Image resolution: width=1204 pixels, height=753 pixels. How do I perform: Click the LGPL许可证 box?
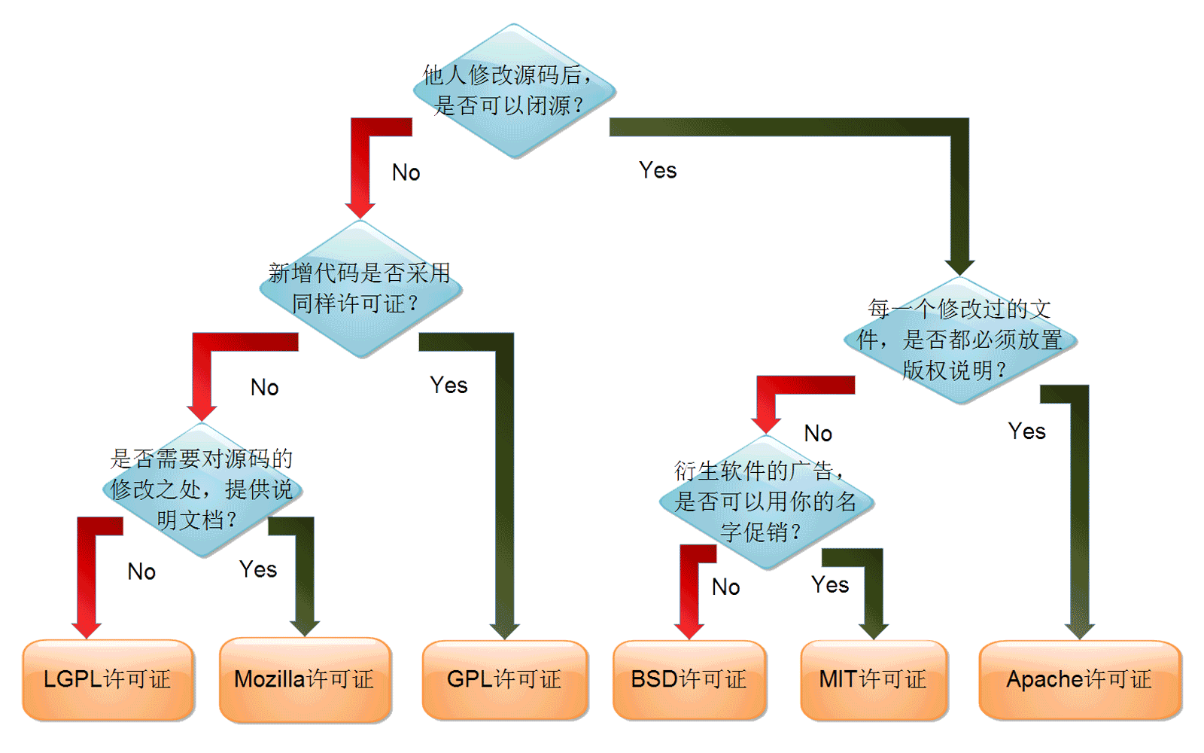tap(108, 679)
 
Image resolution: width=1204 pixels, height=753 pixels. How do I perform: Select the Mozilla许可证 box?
tap(305, 679)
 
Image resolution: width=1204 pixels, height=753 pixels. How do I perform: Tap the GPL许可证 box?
tap(504, 679)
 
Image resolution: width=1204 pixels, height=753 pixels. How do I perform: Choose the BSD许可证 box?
tap(689, 679)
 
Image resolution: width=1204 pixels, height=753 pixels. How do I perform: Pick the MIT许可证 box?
tap(874, 679)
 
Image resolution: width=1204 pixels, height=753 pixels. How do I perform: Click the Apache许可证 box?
tap(1080, 679)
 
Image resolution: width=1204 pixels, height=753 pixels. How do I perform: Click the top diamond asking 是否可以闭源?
tap(514, 91)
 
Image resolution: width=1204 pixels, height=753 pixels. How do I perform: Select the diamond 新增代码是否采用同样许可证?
tap(360, 288)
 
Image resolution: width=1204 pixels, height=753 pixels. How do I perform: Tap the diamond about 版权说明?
tap(960, 340)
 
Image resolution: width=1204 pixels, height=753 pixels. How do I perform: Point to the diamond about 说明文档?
tap(202, 489)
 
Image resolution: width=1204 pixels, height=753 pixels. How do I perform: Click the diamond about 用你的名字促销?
tap(766, 501)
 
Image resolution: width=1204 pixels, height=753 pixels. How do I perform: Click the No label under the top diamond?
tap(406, 172)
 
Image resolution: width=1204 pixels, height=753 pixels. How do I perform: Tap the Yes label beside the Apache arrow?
tap(1027, 431)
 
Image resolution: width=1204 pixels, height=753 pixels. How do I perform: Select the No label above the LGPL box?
tap(141, 572)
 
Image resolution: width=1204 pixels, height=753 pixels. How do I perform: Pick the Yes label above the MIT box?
tap(830, 585)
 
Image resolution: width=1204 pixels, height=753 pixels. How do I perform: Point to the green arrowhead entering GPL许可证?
tap(504, 630)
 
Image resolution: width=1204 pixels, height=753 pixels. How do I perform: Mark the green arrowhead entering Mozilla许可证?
tap(305, 628)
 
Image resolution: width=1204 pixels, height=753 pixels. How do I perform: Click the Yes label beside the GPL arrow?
tap(448, 386)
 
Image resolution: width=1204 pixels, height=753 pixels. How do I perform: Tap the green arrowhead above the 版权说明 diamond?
tap(959, 267)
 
